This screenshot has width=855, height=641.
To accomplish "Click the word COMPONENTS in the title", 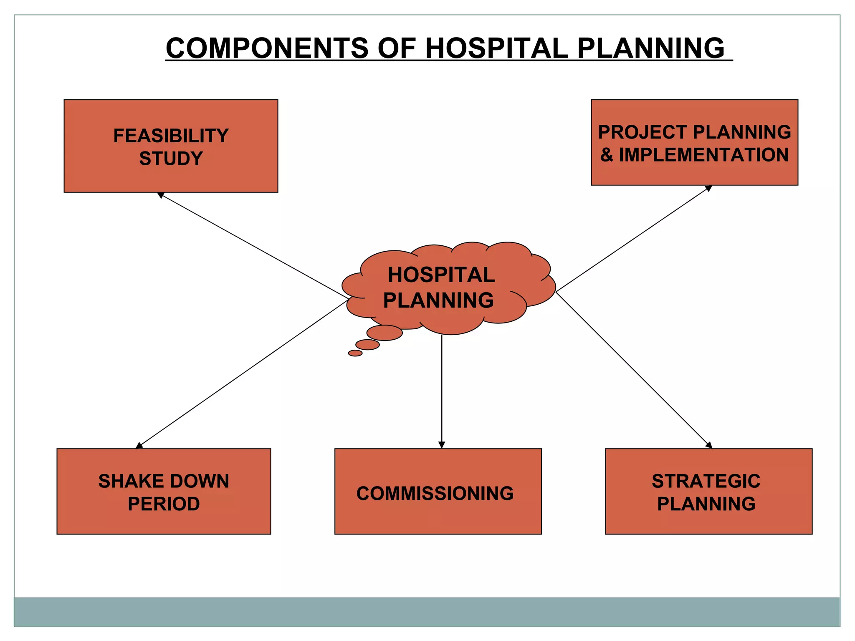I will (x=267, y=48).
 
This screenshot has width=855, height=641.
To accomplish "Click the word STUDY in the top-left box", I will (x=171, y=159).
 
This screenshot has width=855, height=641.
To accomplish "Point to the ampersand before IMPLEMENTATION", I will (x=607, y=155).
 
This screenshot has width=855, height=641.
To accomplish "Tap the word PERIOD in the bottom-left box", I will (x=164, y=504).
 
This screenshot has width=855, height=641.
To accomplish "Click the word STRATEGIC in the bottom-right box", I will (x=706, y=481).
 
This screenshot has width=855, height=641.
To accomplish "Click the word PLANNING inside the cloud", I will (x=438, y=300).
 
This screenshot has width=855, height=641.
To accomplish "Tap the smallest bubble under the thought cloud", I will (x=355, y=353).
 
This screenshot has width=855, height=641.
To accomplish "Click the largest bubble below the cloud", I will (x=384, y=333).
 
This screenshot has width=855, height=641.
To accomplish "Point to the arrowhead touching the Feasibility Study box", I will (x=160, y=195).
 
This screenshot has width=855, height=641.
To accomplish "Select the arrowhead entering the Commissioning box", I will (x=442, y=445).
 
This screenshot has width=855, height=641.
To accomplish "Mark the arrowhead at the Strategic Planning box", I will (x=709, y=445).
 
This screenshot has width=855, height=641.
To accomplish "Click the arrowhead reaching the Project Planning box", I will (x=708, y=188).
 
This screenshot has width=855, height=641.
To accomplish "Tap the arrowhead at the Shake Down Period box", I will (x=139, y=446).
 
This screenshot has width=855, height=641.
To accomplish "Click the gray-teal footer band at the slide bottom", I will (x=427, y=611).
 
